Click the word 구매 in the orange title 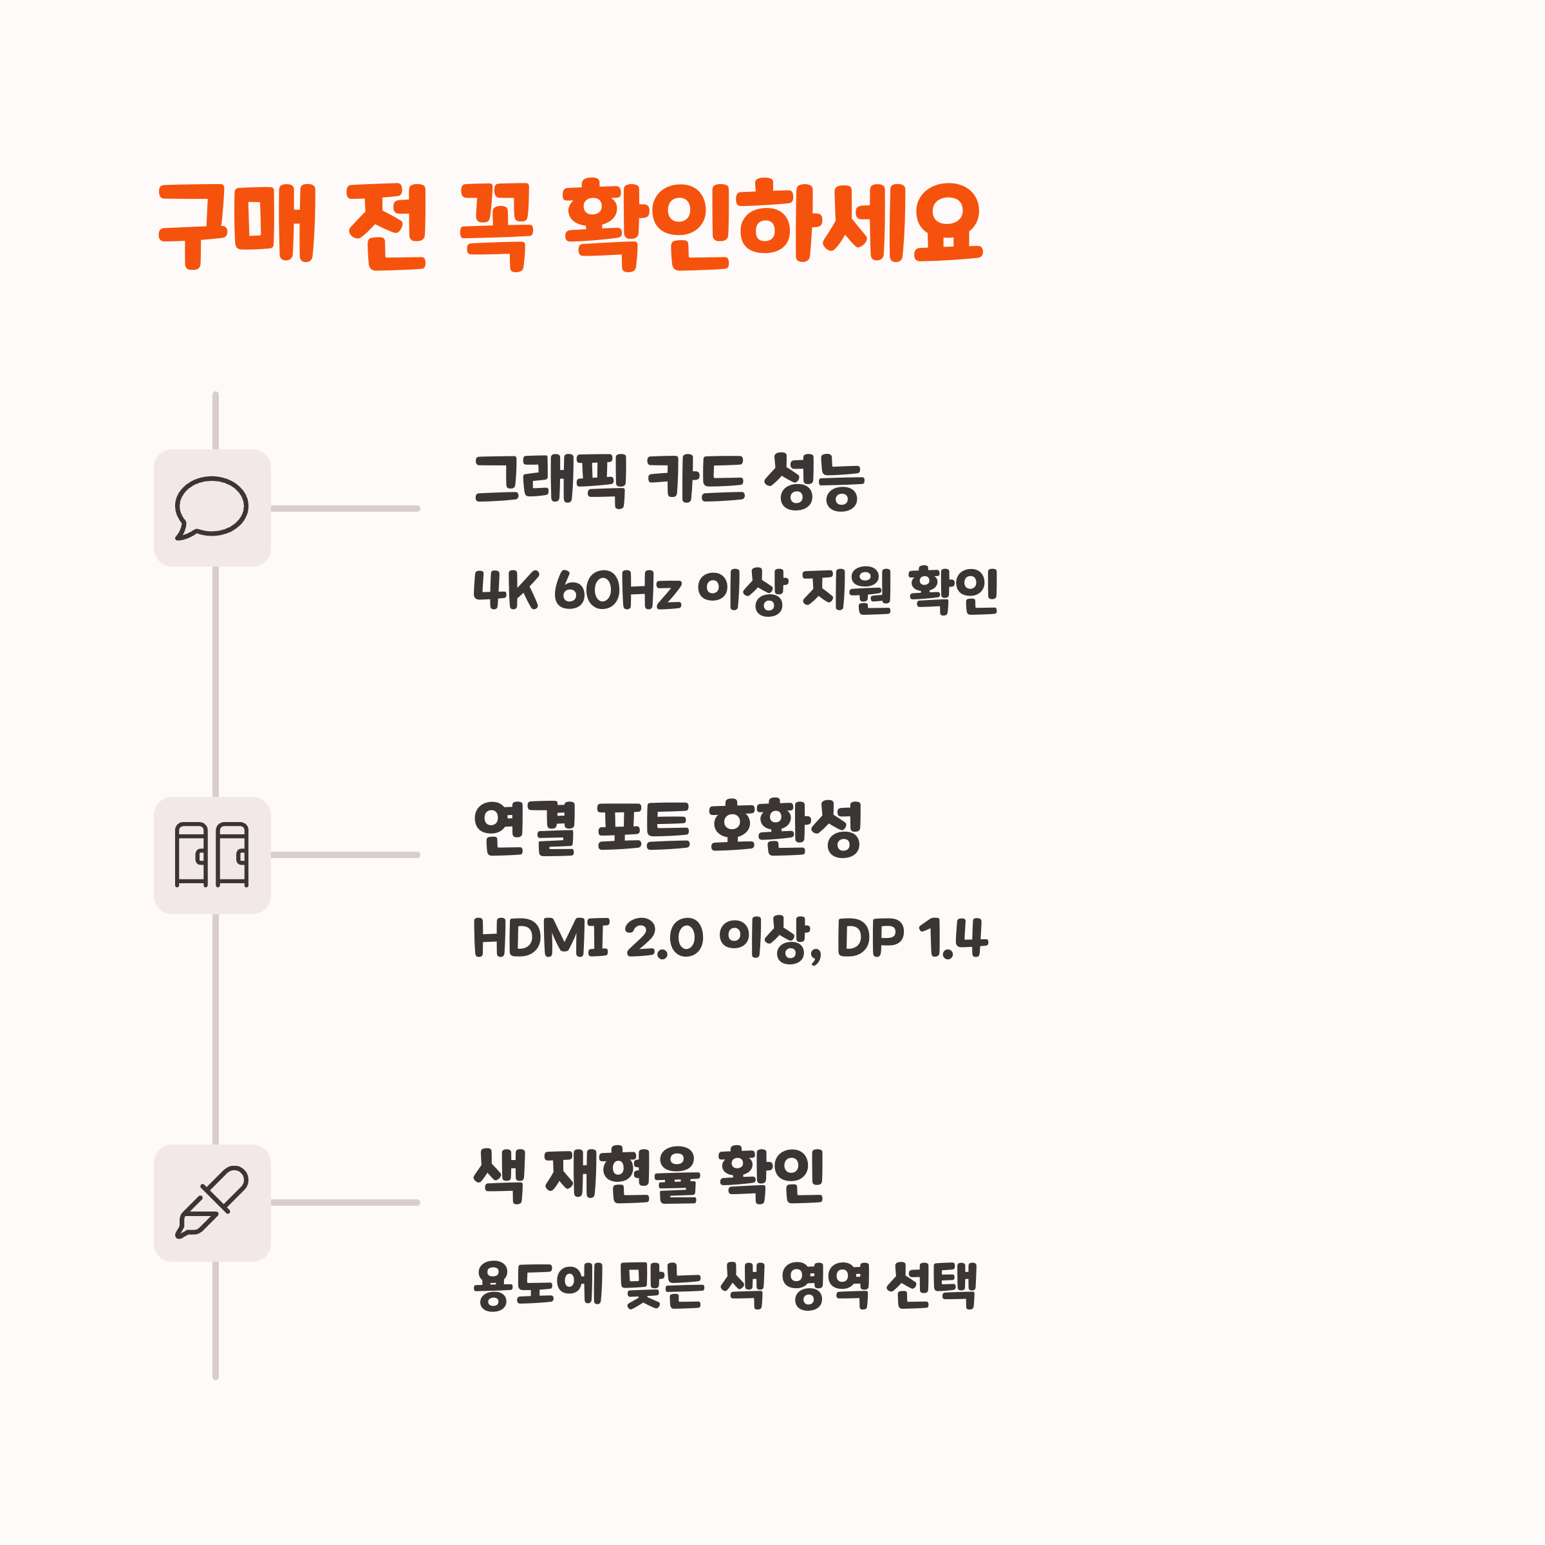coord(238,225)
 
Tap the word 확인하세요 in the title coord(772,225)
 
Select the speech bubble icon coord(212,508)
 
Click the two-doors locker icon coord(212,855)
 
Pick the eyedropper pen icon coord(212,1202)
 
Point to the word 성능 coord(814,482)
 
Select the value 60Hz coord(617,590)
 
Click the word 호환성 coord(785,829)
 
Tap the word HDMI coord(541,937)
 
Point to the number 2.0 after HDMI coord(664,937)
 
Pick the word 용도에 coord(538,1284)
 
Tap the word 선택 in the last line coord(932,1284)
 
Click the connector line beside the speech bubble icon coord(346,508)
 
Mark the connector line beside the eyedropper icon coord(346,1202)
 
